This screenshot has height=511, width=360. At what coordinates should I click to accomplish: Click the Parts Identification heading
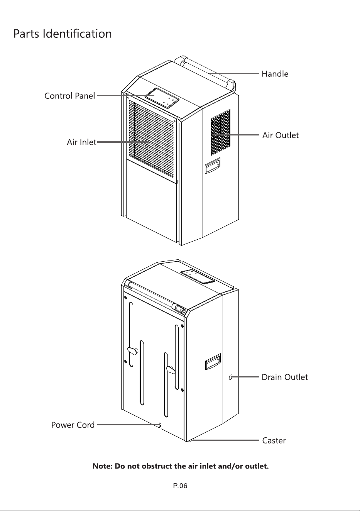click(x=63, y=34)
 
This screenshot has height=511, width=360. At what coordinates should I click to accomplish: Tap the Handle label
click(x=275, y=74)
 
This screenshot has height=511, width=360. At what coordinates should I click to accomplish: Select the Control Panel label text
click(x=69, y=96)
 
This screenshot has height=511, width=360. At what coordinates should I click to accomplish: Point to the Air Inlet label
click(x=81, y=142)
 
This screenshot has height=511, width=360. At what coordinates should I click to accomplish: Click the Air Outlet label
click(x=281, y=135)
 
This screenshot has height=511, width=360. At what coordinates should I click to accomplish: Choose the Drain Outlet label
click(x=285, y=377)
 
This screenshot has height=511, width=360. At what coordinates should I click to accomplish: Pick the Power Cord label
click(x=73, y=425)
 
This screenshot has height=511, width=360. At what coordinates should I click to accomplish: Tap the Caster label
click(x=274, y=440)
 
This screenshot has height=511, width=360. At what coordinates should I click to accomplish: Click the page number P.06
click(x=180, y=486)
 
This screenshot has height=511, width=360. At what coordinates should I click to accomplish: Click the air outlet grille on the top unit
click(x=221, y=132)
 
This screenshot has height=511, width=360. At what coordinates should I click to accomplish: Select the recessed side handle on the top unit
click(x=213, y=166)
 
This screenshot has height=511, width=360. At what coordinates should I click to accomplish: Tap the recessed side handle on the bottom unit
click(x=213, y=362)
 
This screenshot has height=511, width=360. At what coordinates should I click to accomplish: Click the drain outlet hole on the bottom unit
click(x=230, y=377)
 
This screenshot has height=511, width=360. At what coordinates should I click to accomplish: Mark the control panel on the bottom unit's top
click(x=198, y=277)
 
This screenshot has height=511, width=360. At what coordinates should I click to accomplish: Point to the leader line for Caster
click(x=225, y=440)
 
